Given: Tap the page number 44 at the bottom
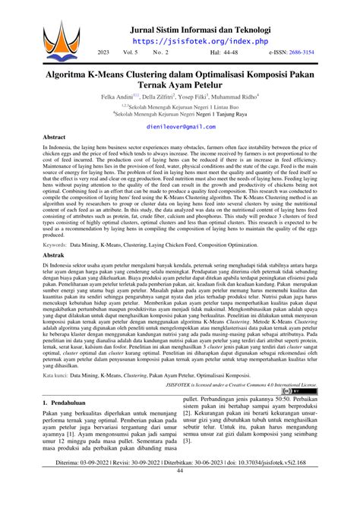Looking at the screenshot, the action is pos(180,492).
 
